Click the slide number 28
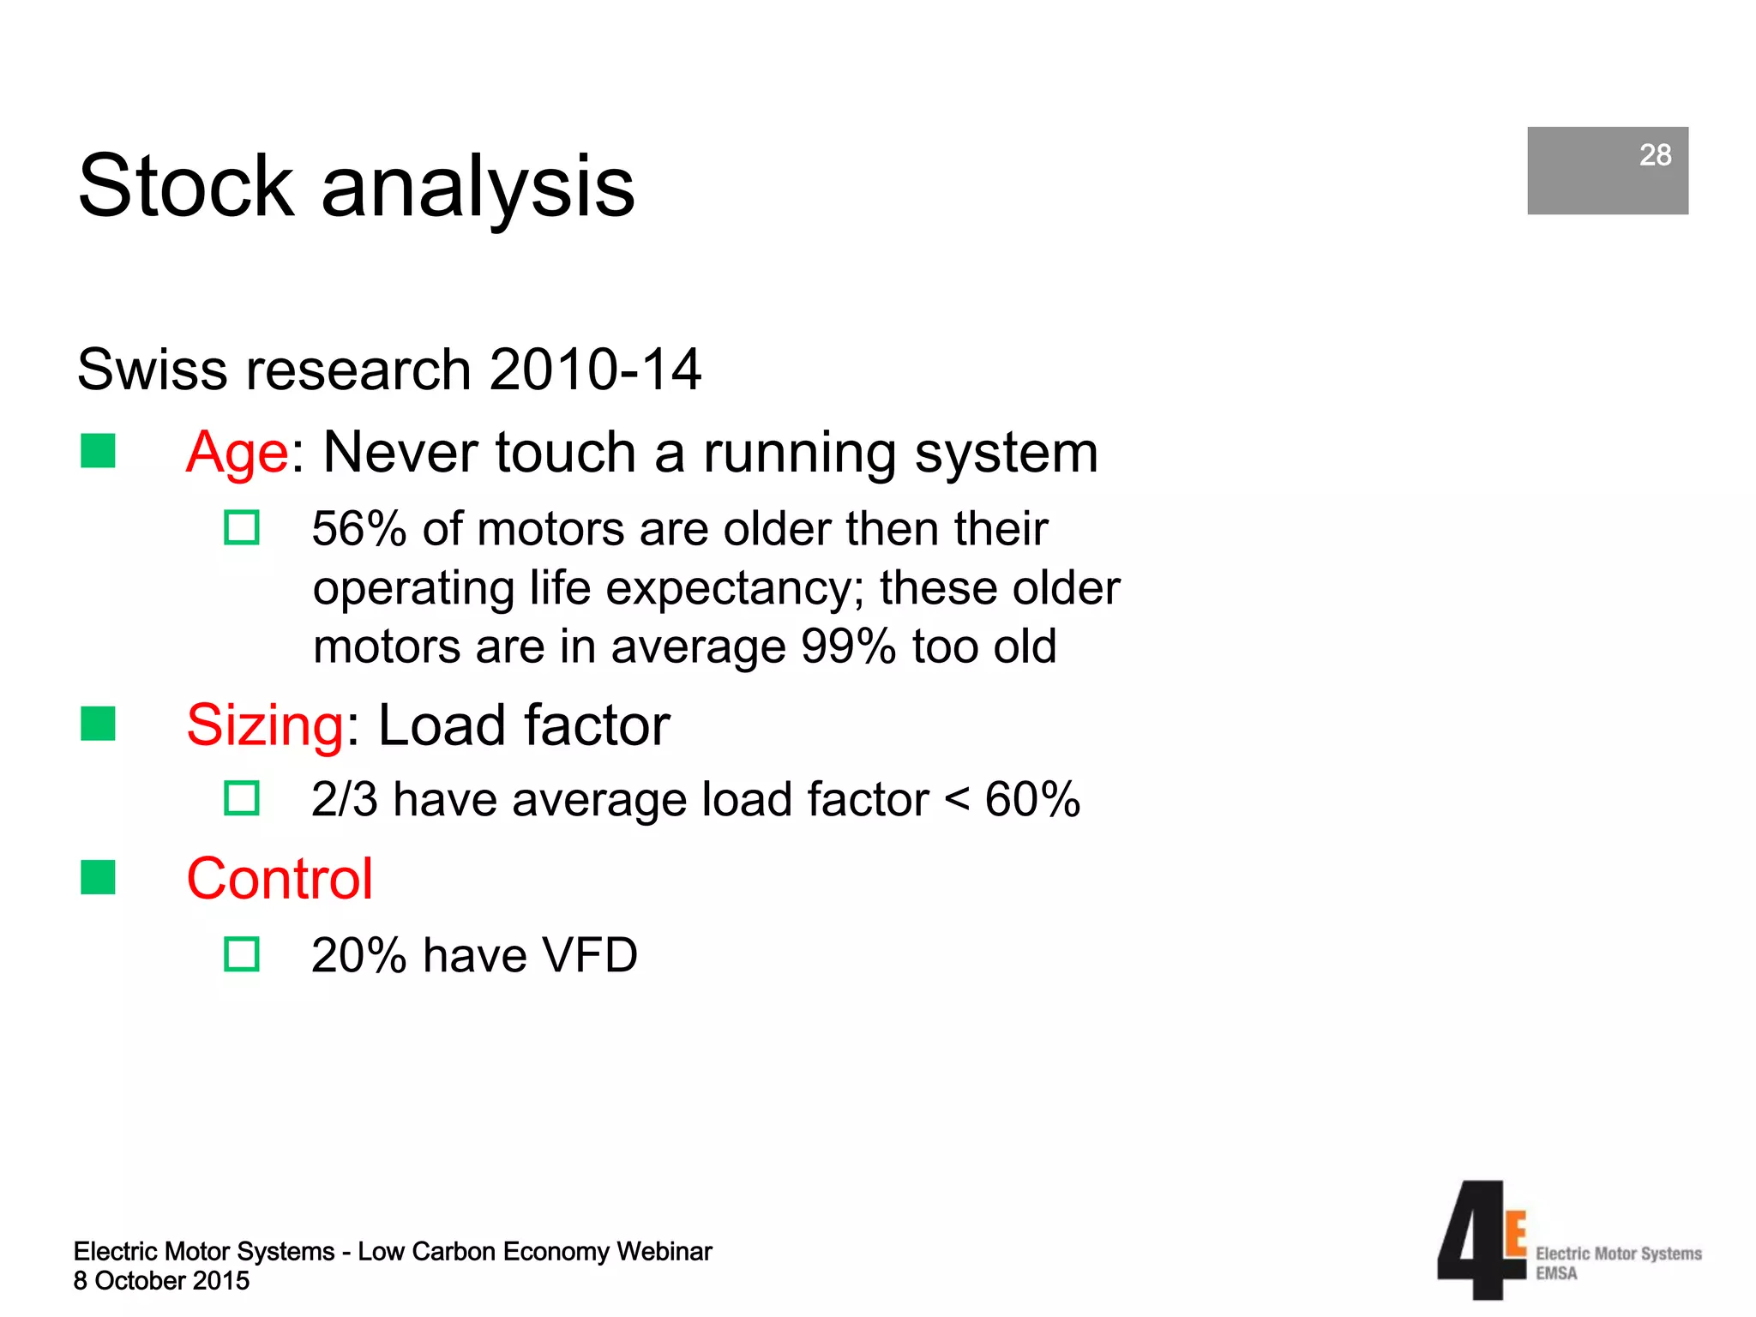point(1654,155)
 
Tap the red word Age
point(238,453)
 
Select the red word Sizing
point(265,725)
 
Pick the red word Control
point(280,879)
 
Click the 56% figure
point(358,529)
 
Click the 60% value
point(1031,800)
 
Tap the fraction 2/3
point(344,800)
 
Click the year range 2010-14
point(595,370)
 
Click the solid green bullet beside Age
point(98,451)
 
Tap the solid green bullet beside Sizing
point(98,724)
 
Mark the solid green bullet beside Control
point(98,877)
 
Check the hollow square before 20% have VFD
point(242,954)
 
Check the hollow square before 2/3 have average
point(242,798)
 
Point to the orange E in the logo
point(1516,1235)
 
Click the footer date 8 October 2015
point(161,1281)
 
